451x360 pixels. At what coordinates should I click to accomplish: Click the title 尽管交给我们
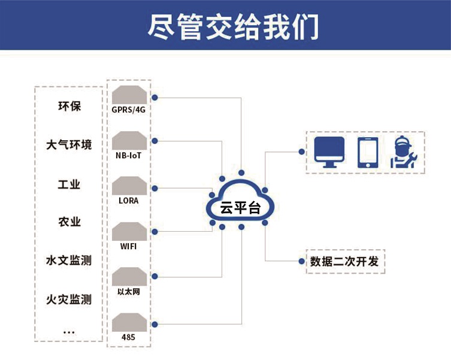click(233, 26)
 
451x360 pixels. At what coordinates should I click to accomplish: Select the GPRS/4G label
click(129, 110)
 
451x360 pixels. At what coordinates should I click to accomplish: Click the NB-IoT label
click(129, 155)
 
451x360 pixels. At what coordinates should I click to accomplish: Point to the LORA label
click(129, 201)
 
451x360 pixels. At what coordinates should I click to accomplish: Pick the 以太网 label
click(129, 291)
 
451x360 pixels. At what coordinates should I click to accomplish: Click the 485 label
click(128, 337)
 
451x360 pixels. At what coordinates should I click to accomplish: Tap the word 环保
click(69, 107)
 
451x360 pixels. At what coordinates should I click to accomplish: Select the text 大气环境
click(69, 145)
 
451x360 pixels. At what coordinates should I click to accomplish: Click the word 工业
click(69, 184)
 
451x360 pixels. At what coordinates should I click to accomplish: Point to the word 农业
click(69, 222)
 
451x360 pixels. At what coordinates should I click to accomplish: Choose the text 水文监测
click(69, 261)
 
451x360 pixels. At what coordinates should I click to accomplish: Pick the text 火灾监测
click(69, 299)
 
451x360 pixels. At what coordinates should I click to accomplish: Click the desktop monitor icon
click(329, 152)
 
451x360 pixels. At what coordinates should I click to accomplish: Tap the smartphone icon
click(367, 153)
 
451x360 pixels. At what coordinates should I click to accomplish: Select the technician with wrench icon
click(404, 153)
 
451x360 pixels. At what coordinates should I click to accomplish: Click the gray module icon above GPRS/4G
click(129, 94)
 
